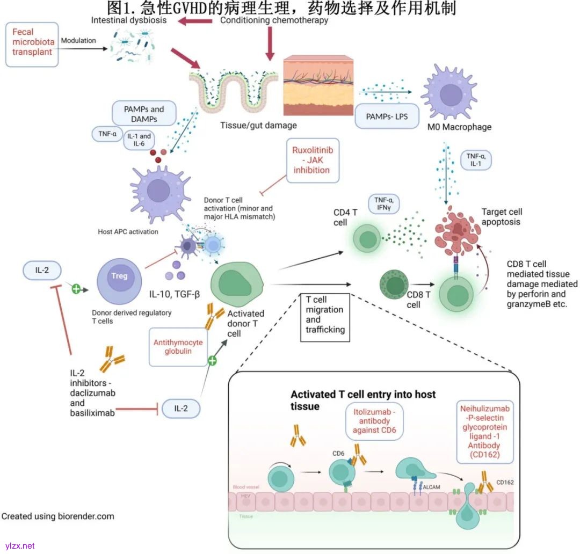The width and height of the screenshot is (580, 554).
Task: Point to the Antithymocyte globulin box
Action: [x=177, y=346]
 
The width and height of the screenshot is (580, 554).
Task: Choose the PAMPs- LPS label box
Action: [x=387, y=116]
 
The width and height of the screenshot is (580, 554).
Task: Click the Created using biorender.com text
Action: [x=58, y=516]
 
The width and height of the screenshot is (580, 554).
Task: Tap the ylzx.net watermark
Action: [x=18, y=545]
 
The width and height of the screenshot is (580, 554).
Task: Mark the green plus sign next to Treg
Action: [x=76, y=289]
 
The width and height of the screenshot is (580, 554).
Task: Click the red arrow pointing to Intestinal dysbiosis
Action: [x=195, y=21]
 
